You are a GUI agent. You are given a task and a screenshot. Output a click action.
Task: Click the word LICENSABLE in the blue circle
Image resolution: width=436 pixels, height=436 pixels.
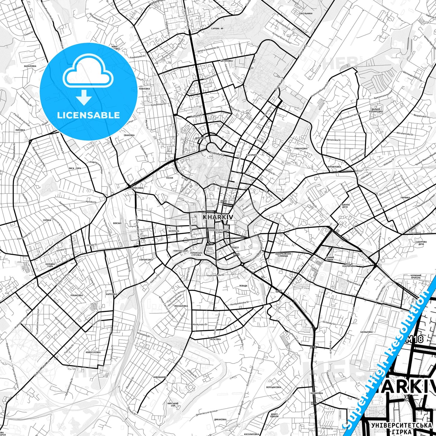click(88, 115)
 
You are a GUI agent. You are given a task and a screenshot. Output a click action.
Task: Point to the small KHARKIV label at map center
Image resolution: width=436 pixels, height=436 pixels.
click(218, 217)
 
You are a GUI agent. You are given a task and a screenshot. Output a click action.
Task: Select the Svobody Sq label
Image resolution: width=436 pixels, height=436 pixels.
click(217, 154)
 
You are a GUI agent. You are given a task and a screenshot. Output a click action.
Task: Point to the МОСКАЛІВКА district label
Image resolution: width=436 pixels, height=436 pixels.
click(181, 306)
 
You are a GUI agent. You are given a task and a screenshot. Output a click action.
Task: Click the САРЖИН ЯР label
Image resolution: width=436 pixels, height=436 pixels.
click(217, 28)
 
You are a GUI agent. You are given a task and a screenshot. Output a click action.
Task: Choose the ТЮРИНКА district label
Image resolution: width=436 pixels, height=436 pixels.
click(405, 198)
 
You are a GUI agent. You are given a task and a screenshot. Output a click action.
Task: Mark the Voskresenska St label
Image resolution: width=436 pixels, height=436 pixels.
click(216, 275)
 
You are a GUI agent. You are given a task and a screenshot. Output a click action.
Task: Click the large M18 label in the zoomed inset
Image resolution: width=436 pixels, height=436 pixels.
click(415, 339)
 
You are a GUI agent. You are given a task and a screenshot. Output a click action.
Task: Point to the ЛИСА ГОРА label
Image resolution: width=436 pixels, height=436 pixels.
click(75, 168)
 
